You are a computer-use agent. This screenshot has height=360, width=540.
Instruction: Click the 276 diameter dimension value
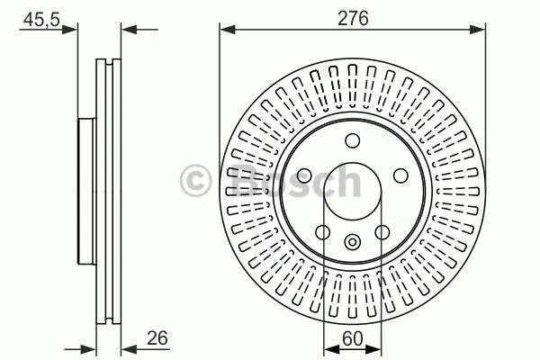point(353,18)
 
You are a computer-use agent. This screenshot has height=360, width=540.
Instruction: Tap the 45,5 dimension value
point(41,20)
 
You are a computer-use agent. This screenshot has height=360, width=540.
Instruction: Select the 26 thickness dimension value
point(157,338)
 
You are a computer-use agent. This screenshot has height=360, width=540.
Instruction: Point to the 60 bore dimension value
point(353,338)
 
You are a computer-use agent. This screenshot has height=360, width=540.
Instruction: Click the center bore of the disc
point(353,191)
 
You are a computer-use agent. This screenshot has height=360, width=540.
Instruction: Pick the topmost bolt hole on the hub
point(353,141)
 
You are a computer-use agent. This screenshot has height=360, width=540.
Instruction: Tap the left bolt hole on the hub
point(304,176)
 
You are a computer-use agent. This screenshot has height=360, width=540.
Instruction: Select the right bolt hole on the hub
point(400,175)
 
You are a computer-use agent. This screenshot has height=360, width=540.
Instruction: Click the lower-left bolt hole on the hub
point(323,232)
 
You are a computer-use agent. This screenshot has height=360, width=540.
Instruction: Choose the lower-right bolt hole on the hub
point(382,232)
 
